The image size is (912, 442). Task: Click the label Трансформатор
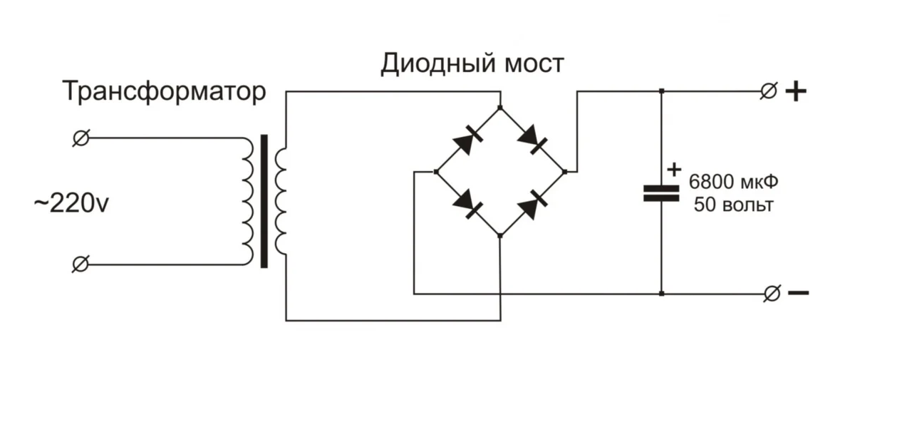164,92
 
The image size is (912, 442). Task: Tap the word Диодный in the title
431,64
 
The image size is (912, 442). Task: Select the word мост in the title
534,64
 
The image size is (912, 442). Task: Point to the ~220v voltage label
71,205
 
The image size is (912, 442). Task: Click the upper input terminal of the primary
81,138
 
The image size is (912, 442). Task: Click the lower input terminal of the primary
81,264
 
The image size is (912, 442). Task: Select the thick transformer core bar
264,202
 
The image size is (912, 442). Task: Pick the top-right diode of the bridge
532,139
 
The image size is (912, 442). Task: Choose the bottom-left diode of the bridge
467,203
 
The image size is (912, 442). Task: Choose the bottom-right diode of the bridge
532,204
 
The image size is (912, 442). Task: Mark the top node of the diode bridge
500,108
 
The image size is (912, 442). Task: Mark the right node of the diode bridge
564,172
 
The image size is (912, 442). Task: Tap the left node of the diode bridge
436,172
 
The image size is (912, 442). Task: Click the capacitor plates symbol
661,193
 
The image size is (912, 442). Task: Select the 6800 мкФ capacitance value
733,183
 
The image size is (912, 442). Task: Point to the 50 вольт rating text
733,205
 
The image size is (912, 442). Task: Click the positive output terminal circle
768,91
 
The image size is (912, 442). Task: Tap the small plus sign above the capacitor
674,170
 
